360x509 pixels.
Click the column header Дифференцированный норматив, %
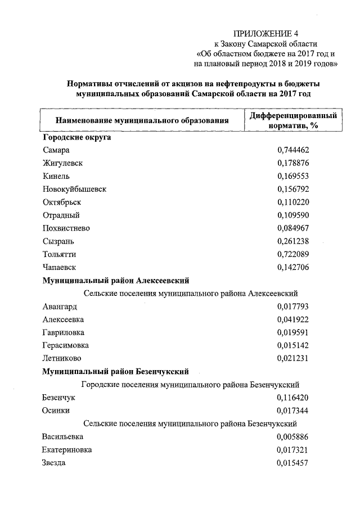coord(293,120)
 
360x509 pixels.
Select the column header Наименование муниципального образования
coord(142,120)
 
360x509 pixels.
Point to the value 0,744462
coord(293,150)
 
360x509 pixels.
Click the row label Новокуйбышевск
coord(74,189)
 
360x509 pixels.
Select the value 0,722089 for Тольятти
coord(293,254)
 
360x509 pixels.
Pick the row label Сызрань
coord(58,241)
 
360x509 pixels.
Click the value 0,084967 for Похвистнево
coord(293,228)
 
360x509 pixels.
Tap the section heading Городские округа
coord(76,137)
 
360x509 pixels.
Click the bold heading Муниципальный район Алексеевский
coord(115,280)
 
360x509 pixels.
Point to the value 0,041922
coord(293,319)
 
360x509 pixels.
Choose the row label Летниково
coord(61,358)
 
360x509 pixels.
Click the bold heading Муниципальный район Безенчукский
coord(115,371)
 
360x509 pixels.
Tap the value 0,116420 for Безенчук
coord(293,398)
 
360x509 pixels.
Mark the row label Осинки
coord(56,411)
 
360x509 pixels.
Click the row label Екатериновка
coord(67,449)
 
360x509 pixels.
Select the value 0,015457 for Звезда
coord(293,462)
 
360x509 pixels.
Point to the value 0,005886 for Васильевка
coord(293,436)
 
